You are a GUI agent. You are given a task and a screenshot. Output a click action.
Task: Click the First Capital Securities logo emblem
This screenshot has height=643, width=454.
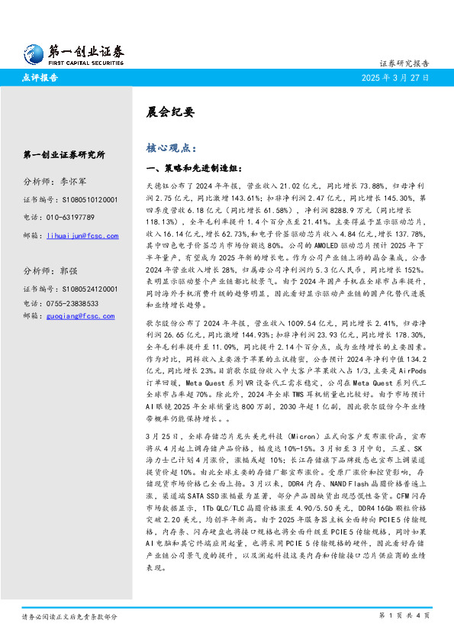pos(32,53)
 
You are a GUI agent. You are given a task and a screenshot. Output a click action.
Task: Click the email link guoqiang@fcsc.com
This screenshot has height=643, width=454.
pos(81,315)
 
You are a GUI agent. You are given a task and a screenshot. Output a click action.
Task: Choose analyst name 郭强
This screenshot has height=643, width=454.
pos(69,271)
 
